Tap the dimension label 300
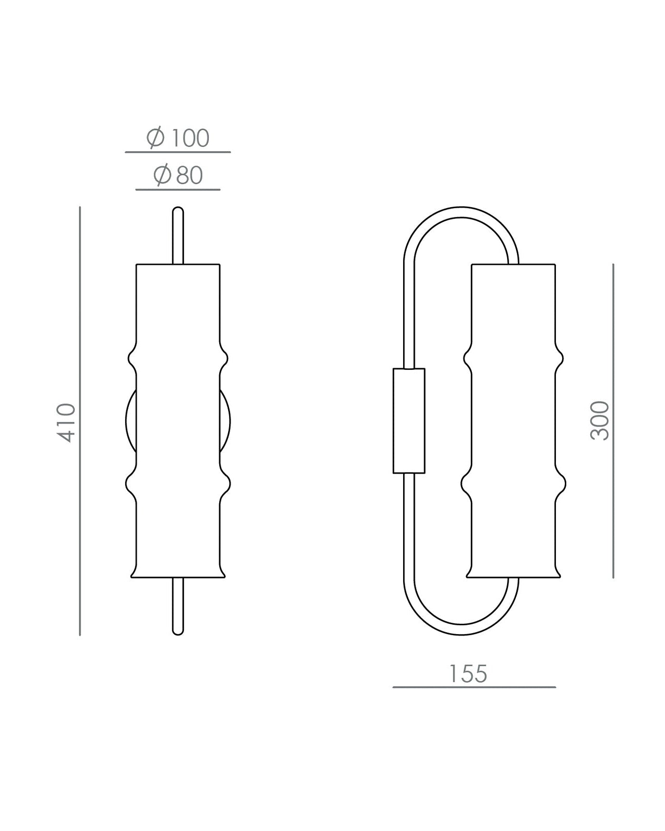(600, 421)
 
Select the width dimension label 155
(468, 674)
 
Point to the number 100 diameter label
(190, 138)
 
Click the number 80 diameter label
(189, 176)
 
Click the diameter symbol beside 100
(156, 138)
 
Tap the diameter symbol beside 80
(162, 176)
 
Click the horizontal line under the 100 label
(178, 152)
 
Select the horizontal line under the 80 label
(178, 190)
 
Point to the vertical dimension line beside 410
(80, 421)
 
